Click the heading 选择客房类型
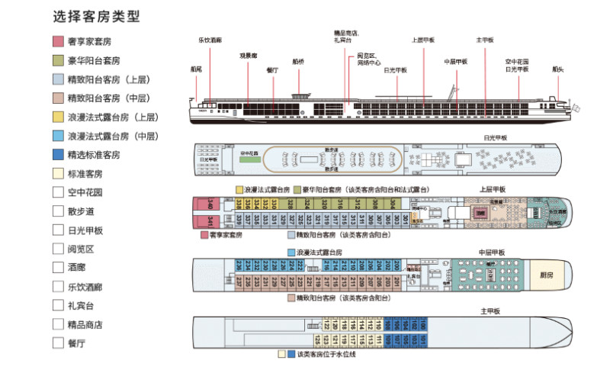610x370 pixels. (x=96, y=15)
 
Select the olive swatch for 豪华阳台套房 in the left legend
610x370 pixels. (x=58, y=60)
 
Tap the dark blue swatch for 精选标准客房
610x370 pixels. (x=58, y=154)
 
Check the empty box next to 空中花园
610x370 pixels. (x=58, y=192)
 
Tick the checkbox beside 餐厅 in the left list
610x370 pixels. (x=58, y=343)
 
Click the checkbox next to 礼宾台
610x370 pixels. (x=58, y=305)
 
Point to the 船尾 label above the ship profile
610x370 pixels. (x=196, y=69)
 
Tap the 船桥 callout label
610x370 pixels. (x=297, y=61)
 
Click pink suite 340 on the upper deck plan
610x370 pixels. (x=210, y=204)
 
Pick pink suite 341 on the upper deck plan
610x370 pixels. (x=210, y=221)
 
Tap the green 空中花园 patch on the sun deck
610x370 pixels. (x=249, y=153)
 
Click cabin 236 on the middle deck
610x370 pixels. (x=238, y=265)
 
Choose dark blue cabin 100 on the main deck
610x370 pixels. (x=423, y=323)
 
